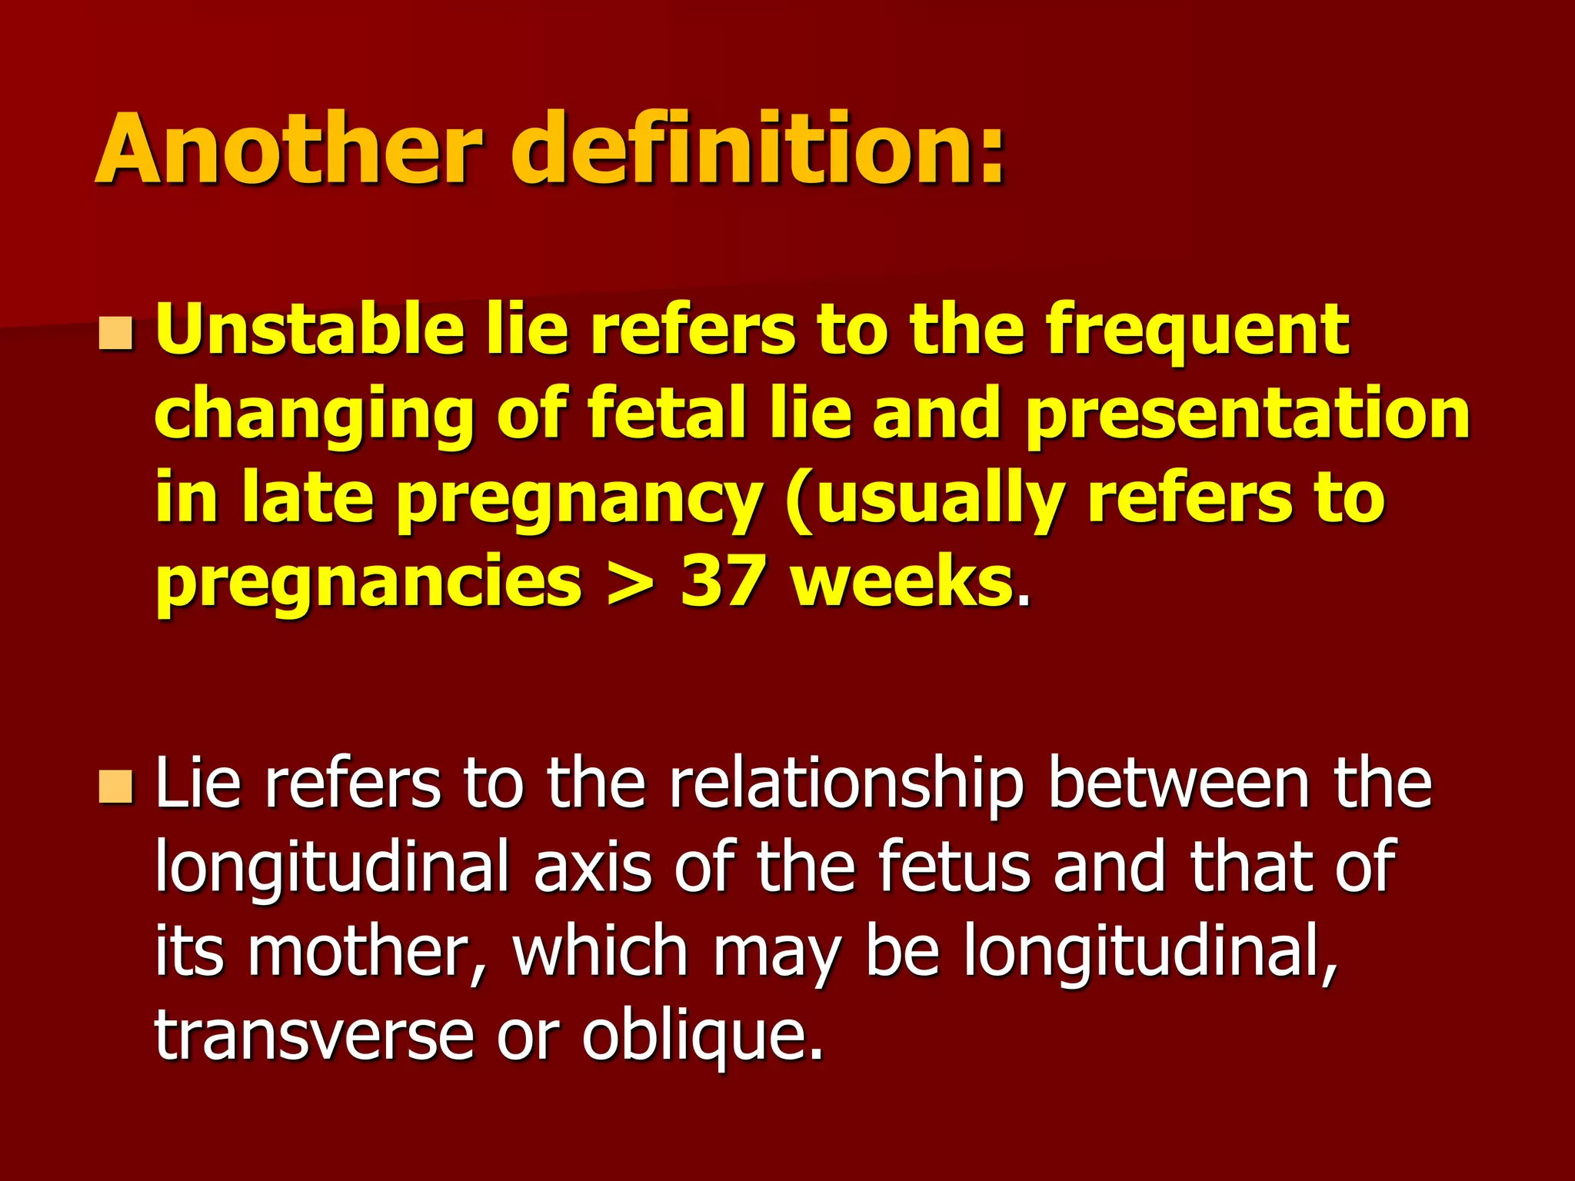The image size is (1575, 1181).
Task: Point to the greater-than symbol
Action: [630, 584]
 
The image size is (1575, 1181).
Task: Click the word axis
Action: [592, 869]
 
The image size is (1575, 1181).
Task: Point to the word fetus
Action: [954, 869]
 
